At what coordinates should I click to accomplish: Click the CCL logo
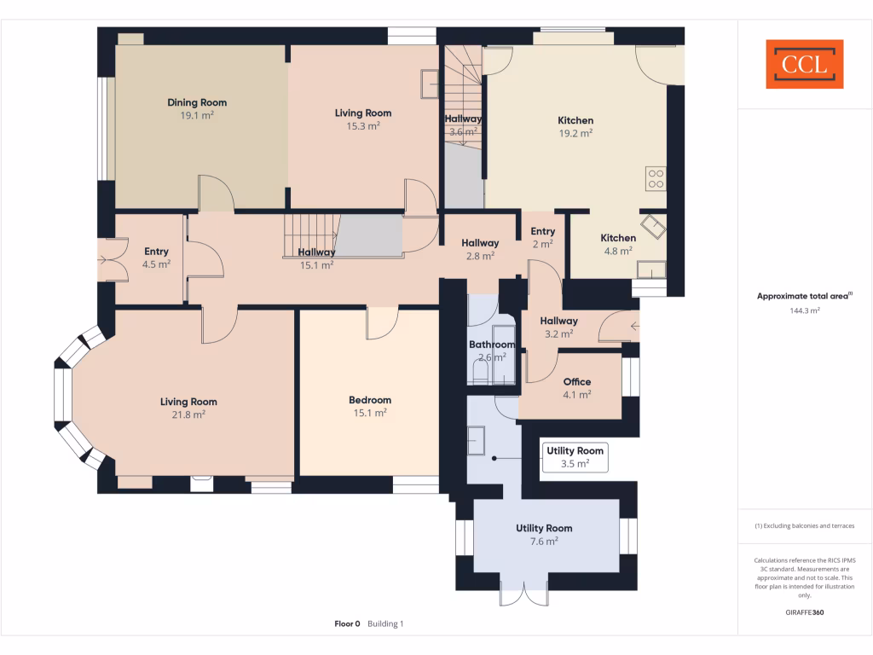point(804,64)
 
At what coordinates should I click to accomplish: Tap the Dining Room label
point(197,102)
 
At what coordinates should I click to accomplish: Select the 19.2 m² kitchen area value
point(575,133)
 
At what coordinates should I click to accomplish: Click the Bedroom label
point(370,400)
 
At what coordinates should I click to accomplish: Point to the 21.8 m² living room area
point(188,414)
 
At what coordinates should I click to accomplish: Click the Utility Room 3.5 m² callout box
point(575,457)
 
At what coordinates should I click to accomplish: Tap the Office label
point(577,382)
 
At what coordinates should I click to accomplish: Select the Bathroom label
point(492,345)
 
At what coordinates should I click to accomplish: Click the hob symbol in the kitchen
point(656,179)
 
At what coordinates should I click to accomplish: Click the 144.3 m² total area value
point(805,311)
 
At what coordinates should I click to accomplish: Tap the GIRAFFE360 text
point(805,612)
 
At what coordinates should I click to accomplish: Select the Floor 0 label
point(347,623)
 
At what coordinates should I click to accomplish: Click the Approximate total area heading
point(803,296)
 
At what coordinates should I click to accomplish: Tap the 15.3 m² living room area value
point(363,125)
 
